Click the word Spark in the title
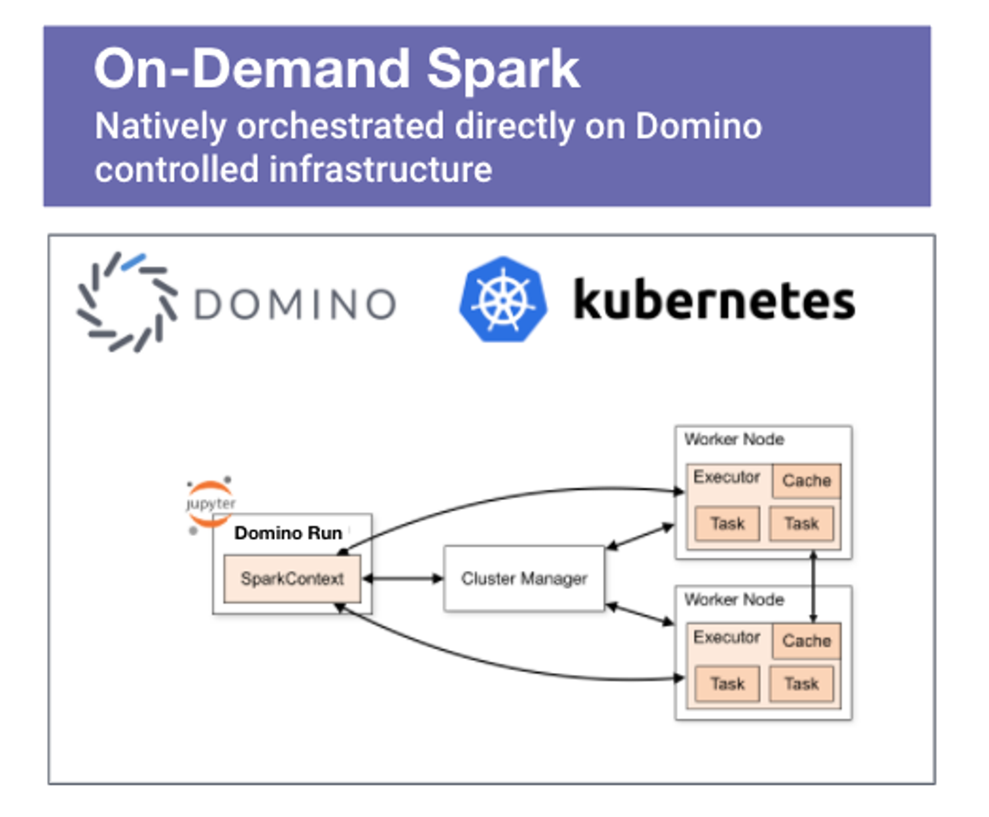tap(503, 70)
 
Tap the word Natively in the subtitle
tap(160, 126)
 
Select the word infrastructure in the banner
tap(380, 169)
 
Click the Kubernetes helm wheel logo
tap(503, 300)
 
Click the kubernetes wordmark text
tap(714, 300)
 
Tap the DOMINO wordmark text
tap(295, 304)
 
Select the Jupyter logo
tap(210, 504)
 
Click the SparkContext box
tap(292, 578)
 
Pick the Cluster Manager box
tap(524, 578)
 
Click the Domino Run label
tap(288, 533)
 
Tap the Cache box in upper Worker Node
tap(806, 481)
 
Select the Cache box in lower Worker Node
tap(806, 641)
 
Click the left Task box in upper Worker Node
tap(727, 524)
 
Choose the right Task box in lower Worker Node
tap(801, 684)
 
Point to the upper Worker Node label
tap(734, 439)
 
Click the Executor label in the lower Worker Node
tap(726, 637)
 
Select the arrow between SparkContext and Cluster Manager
tap(402, 578)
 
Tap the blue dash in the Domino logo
tap(134, 261)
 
